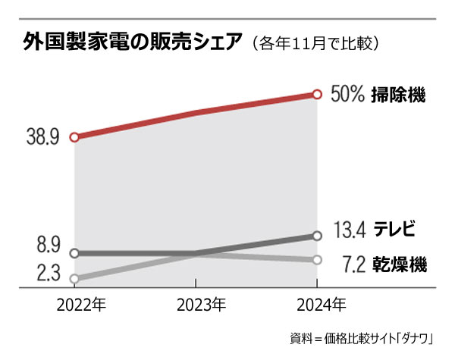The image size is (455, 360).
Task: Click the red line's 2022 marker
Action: (74, 138)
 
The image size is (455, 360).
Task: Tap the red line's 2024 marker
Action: (318, 95)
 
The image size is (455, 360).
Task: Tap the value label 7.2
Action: (354, 265)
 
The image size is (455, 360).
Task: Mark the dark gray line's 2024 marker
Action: (318, 236)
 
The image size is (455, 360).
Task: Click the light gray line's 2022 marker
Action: (74, 279)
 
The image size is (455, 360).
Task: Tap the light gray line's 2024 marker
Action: (318, 260)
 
